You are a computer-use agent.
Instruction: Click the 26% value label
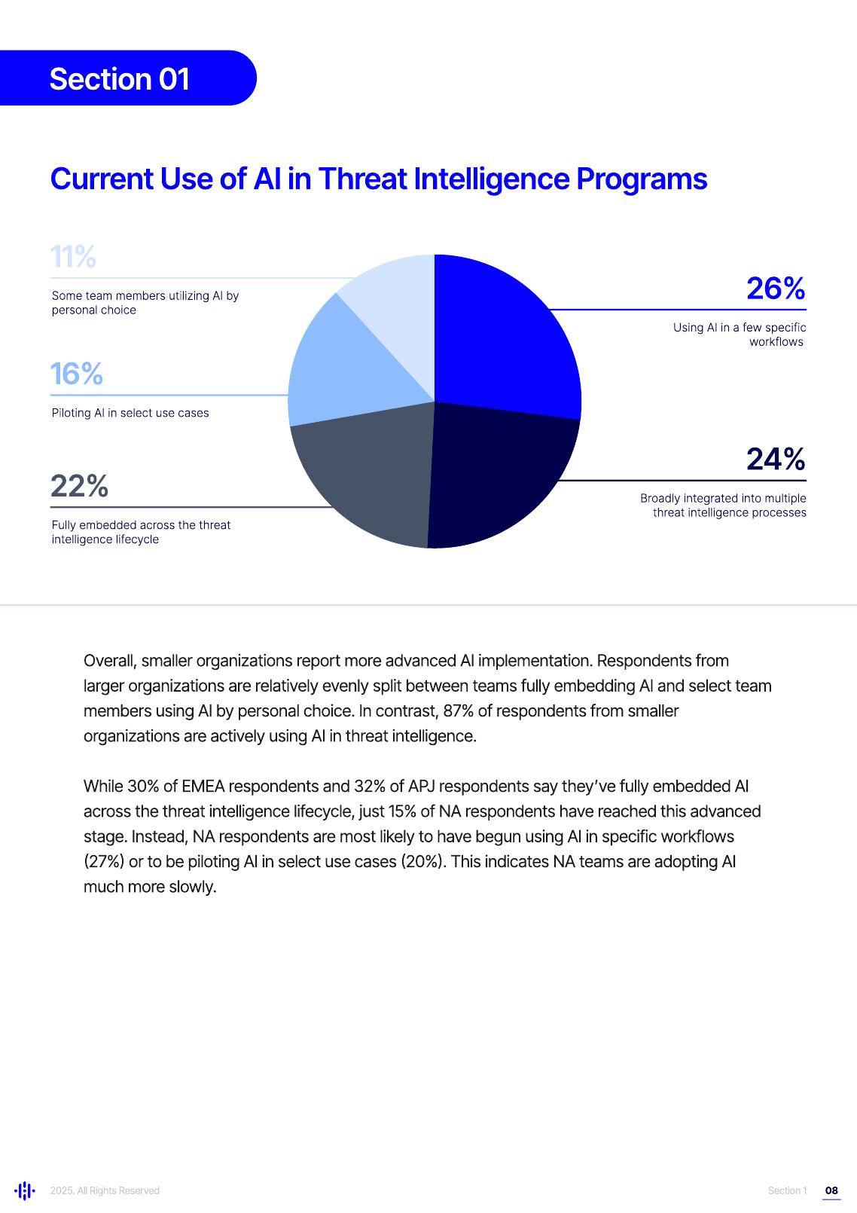coord(776,289)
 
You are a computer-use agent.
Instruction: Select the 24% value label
coord(776,459)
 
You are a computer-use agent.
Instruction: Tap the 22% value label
coord(79,486)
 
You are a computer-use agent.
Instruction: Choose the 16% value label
coord(76,374)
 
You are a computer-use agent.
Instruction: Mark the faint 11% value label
coord(73,257)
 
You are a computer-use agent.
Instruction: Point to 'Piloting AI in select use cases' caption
coord(130,413)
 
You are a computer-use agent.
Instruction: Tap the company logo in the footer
coord(25,1190)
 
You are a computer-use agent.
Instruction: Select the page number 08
coord(831,1190)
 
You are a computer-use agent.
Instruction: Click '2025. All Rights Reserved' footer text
coord(105,1190)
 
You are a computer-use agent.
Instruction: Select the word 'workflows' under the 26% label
coord(776,342)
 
